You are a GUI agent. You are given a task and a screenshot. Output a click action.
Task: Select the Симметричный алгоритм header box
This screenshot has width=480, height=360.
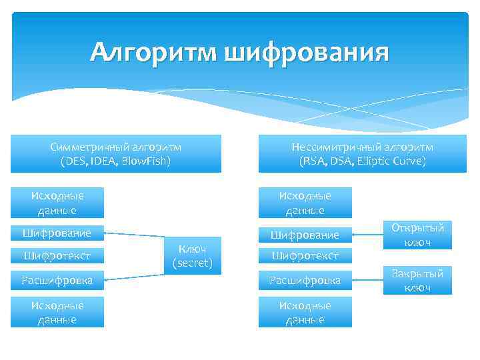[116, 153]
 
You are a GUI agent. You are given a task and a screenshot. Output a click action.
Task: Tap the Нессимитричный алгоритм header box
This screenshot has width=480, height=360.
[362, 153]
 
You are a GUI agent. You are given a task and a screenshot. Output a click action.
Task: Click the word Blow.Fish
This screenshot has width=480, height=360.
[148, 161]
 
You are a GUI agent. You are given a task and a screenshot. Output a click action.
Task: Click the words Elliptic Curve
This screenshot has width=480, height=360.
[391, 161]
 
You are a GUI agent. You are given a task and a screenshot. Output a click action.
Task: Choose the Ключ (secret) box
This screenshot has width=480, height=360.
[192, 256]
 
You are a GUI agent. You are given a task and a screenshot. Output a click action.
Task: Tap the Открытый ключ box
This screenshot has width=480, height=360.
[417, 235]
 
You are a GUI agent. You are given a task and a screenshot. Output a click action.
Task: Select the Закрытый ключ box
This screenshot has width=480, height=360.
[417, 280]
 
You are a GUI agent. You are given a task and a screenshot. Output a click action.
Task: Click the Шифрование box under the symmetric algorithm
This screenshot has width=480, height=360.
[57, 233]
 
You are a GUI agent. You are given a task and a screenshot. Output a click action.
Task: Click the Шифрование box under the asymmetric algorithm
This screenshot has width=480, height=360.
[305, 235]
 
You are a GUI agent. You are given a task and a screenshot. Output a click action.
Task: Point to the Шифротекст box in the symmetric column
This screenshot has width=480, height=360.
[57, 255]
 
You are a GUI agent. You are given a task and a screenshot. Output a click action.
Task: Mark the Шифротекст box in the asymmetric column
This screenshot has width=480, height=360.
[305, 255]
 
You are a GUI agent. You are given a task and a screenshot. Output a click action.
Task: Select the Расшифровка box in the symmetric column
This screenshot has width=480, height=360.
[57, 280]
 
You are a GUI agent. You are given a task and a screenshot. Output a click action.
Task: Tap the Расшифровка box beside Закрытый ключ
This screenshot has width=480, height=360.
[305, 280]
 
